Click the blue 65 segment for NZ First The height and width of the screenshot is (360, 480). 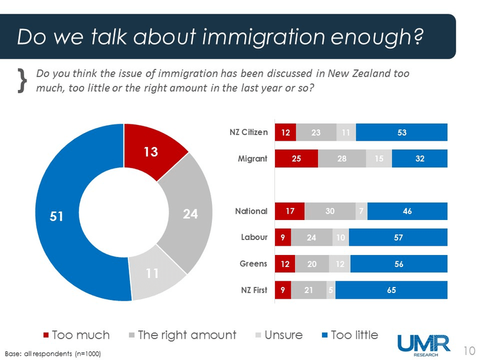tap(391, 290)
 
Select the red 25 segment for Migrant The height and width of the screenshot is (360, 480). tap(296, 159)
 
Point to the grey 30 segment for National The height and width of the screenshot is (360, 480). tap(329, 211)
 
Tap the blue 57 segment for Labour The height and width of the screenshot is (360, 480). tap(398, 237)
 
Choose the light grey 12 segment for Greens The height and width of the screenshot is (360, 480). tap(341, 264)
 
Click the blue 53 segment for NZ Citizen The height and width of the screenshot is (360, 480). tap(401, 132)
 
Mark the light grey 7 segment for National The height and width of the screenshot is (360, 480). tap(361, 211)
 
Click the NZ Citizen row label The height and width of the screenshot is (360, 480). tap(248, 132)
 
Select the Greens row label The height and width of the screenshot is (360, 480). tap(254, 264)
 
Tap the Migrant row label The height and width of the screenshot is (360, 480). tap(253, 159)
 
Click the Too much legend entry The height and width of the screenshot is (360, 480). tap(75, 335)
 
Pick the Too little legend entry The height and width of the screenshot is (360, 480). tap(347, 335)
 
